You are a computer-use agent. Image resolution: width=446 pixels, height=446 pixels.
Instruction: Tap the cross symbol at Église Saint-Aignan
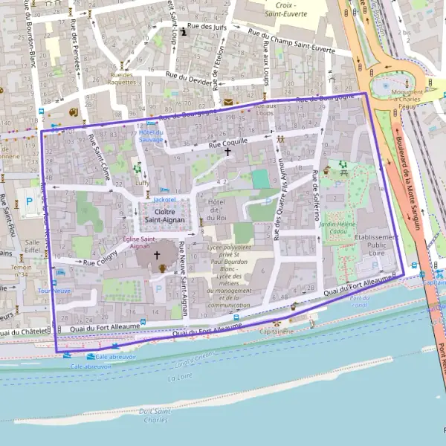(x=157, y=255)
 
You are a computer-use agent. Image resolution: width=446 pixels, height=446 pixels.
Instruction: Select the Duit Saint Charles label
(x=154, y=415)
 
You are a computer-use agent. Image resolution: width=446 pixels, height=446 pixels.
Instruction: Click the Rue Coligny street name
(x=100, y=262)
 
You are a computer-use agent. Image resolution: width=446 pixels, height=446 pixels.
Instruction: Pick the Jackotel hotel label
(x=164, y=199)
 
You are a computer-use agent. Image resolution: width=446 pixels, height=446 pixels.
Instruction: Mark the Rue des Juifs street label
(x=207, y=28)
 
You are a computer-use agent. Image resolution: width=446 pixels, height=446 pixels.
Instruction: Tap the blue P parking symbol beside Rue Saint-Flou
(x=30, y=201)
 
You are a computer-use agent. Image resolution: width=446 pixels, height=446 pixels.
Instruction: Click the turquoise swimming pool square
(x=259, y=179)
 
